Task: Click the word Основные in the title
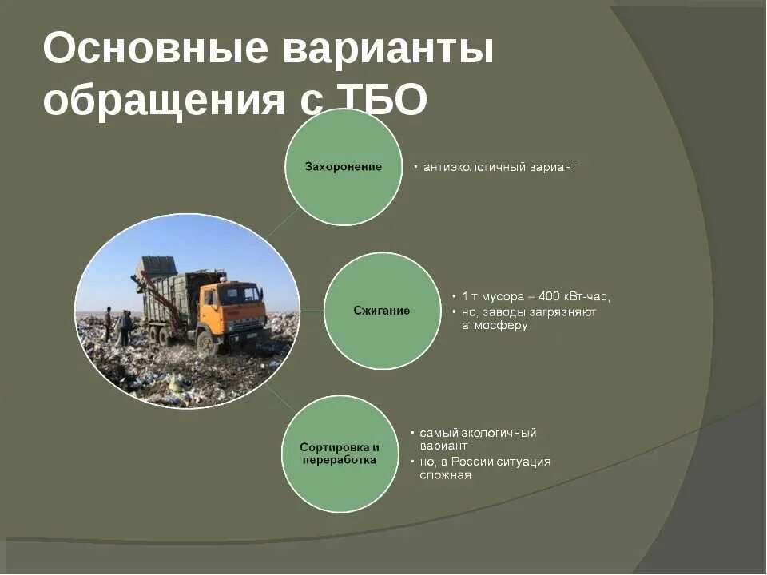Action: point(155,50)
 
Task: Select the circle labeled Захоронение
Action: point(344,167)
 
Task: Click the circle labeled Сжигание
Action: point(382,311)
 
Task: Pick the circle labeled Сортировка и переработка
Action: point(340,454)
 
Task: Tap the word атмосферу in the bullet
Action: point(495,325)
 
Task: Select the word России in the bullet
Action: point(473,462)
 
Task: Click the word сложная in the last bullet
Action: point(445,475)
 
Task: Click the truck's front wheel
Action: point(207,342)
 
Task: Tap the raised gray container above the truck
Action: point(156,266)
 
